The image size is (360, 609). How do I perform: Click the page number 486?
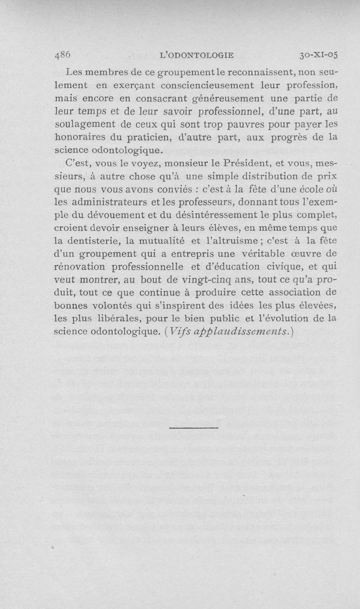[63, 55]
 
